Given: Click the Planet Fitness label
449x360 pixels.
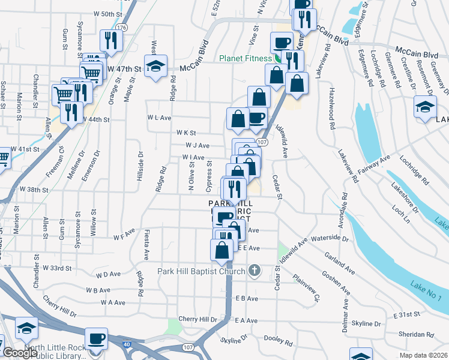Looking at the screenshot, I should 246,58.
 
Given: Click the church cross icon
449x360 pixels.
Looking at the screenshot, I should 254,271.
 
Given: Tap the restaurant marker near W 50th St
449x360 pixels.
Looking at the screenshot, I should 111,40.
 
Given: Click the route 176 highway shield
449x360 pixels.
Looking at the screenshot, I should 122,28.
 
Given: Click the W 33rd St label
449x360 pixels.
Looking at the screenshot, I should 56,268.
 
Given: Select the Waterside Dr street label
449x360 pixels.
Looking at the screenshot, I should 330,238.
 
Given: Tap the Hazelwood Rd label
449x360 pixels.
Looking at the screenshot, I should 331,109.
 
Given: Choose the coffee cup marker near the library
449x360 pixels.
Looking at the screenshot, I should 96,338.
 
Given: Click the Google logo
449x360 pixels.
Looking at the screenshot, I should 19,353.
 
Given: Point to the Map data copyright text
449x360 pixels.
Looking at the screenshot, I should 423,355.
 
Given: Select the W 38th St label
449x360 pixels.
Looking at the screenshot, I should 34,189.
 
